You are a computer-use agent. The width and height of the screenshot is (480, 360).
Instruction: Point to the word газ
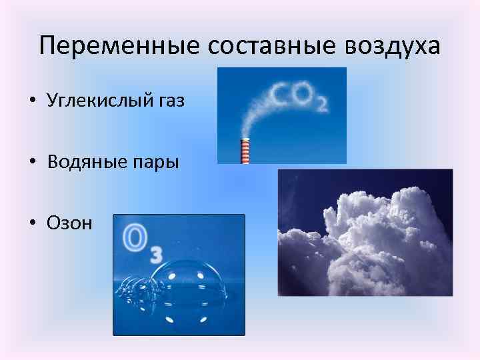[171, 101]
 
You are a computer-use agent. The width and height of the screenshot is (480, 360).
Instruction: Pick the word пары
[157, 162]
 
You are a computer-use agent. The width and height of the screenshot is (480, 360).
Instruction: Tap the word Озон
[70, 223]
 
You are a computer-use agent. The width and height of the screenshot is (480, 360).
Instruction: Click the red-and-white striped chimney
[245, 150]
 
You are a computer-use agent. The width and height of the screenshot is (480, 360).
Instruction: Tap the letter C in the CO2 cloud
[280, 95]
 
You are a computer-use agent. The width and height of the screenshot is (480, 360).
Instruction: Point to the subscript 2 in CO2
[322, 105]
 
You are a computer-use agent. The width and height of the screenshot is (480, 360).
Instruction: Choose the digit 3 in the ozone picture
[155, 255]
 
